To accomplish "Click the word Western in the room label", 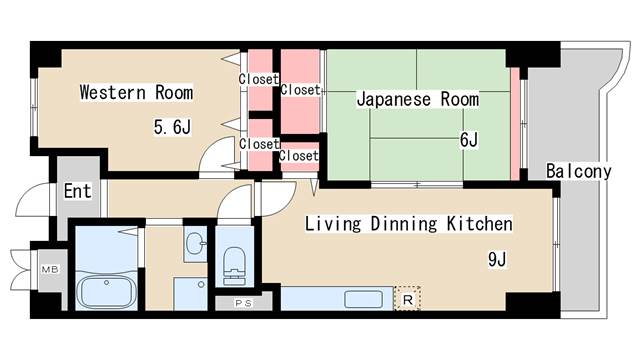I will tap(112, 93).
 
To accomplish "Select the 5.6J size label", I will tap(171, 127).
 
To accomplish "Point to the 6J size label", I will tap(468, 140).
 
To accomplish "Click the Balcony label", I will tap(579, 171).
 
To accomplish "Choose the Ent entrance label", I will tap(77, 190).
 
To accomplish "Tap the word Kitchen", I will tap(480, 224).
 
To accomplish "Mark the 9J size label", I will tap(498, 260).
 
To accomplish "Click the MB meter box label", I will tap(48, 269).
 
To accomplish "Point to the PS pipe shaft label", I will tap(242, 302).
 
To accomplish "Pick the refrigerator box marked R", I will tap(408, 298).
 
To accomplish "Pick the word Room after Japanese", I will tap(460, 100).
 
